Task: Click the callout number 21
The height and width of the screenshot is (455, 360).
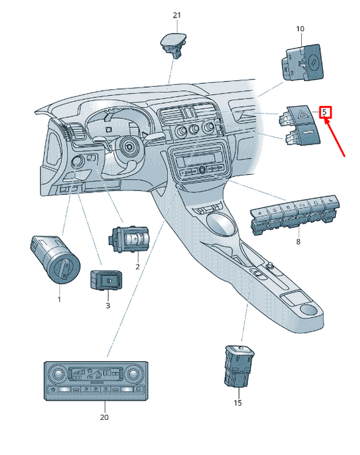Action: point(177,15)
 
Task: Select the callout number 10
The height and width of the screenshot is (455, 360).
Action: point(300,29)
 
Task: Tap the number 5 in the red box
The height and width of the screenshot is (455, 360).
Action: point(325,111)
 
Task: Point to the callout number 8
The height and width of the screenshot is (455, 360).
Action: point(298,242)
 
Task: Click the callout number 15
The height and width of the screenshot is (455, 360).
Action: point(238,403)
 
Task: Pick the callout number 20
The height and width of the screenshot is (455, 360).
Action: point(104,417)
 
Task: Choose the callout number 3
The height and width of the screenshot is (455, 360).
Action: point(107,306)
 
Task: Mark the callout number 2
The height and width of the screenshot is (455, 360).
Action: point(138,267)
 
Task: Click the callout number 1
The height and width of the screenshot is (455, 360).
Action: point(59,299)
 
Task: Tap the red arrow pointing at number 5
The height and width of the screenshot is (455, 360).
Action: point(334,137)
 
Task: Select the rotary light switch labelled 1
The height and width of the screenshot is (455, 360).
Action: point(55,259)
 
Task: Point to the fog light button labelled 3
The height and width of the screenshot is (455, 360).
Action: point(107,280)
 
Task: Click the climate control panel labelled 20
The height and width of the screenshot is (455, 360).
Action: point(96,381)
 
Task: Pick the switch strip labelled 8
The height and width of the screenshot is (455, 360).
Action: point(295,215)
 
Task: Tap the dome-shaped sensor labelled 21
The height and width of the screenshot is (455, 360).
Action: point(173,45)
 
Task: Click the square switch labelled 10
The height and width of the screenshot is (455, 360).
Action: point(303,62)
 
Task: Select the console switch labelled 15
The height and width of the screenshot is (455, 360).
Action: point(239,366)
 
